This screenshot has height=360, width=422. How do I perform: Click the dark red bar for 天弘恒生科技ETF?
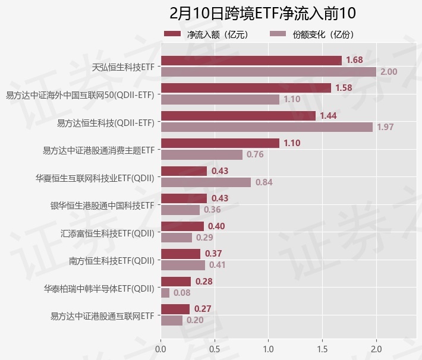coord(251,61)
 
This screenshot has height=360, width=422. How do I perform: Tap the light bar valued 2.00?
coord(268,72)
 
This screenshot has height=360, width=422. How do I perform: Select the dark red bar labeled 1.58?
coord(245,88)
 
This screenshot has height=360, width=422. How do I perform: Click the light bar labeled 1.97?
coord(266,127)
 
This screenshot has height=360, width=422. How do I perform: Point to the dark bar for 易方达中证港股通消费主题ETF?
coord(220,143)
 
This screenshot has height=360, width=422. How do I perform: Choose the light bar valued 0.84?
coord(206,182)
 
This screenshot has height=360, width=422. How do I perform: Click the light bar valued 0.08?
coord(165,293)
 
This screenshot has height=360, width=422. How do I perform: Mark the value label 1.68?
coord(354,60)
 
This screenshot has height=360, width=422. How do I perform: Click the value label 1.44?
coord(328,115)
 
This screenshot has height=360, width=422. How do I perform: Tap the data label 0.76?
coord(255,155)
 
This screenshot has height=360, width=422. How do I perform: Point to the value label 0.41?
coord(217,266)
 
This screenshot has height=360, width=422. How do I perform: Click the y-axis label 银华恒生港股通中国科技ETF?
coord(102,205)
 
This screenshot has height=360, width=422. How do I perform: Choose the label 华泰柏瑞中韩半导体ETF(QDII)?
coord(99,288)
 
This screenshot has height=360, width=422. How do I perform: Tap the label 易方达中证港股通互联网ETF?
coord(102,315)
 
